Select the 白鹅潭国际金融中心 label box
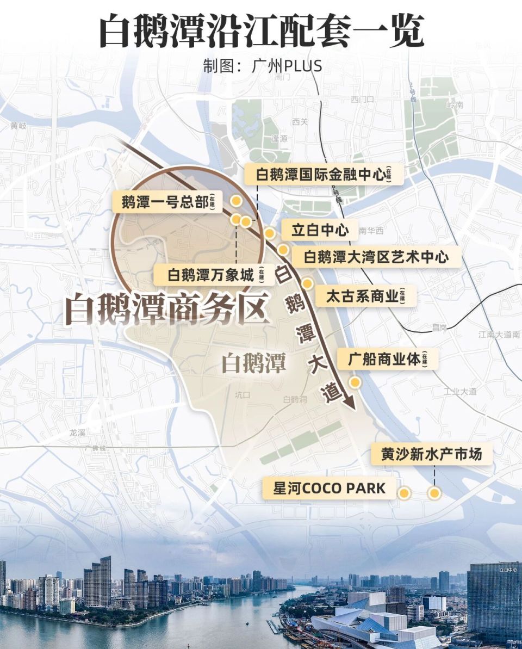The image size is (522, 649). pyautogui.click(x=324, y=175)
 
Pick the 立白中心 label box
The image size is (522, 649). pyautogui.click(x=320, y=230)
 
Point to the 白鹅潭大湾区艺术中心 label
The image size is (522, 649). pyautogui.click(x=376, y=256)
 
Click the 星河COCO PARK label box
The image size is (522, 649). pyautogui.click(x=329, y=488)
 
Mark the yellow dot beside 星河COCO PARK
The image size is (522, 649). pyautogui.click(x=404, y=493)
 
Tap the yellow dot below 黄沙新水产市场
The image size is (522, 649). pyautogui.click(x=434, y=493)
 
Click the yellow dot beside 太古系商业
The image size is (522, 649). pyautogui.click(x=307, y=283)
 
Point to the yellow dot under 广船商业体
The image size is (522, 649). pyautogui.click(x=355, y=382)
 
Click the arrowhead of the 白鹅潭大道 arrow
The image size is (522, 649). pyautogui.click(x=350, y=403)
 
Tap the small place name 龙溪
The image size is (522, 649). pyautogui.click(x=78, y=433)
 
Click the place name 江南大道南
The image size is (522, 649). pyautogui.click(x=500, y=334)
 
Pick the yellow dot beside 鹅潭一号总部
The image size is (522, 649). pyautogui.click(x=236, y=201)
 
